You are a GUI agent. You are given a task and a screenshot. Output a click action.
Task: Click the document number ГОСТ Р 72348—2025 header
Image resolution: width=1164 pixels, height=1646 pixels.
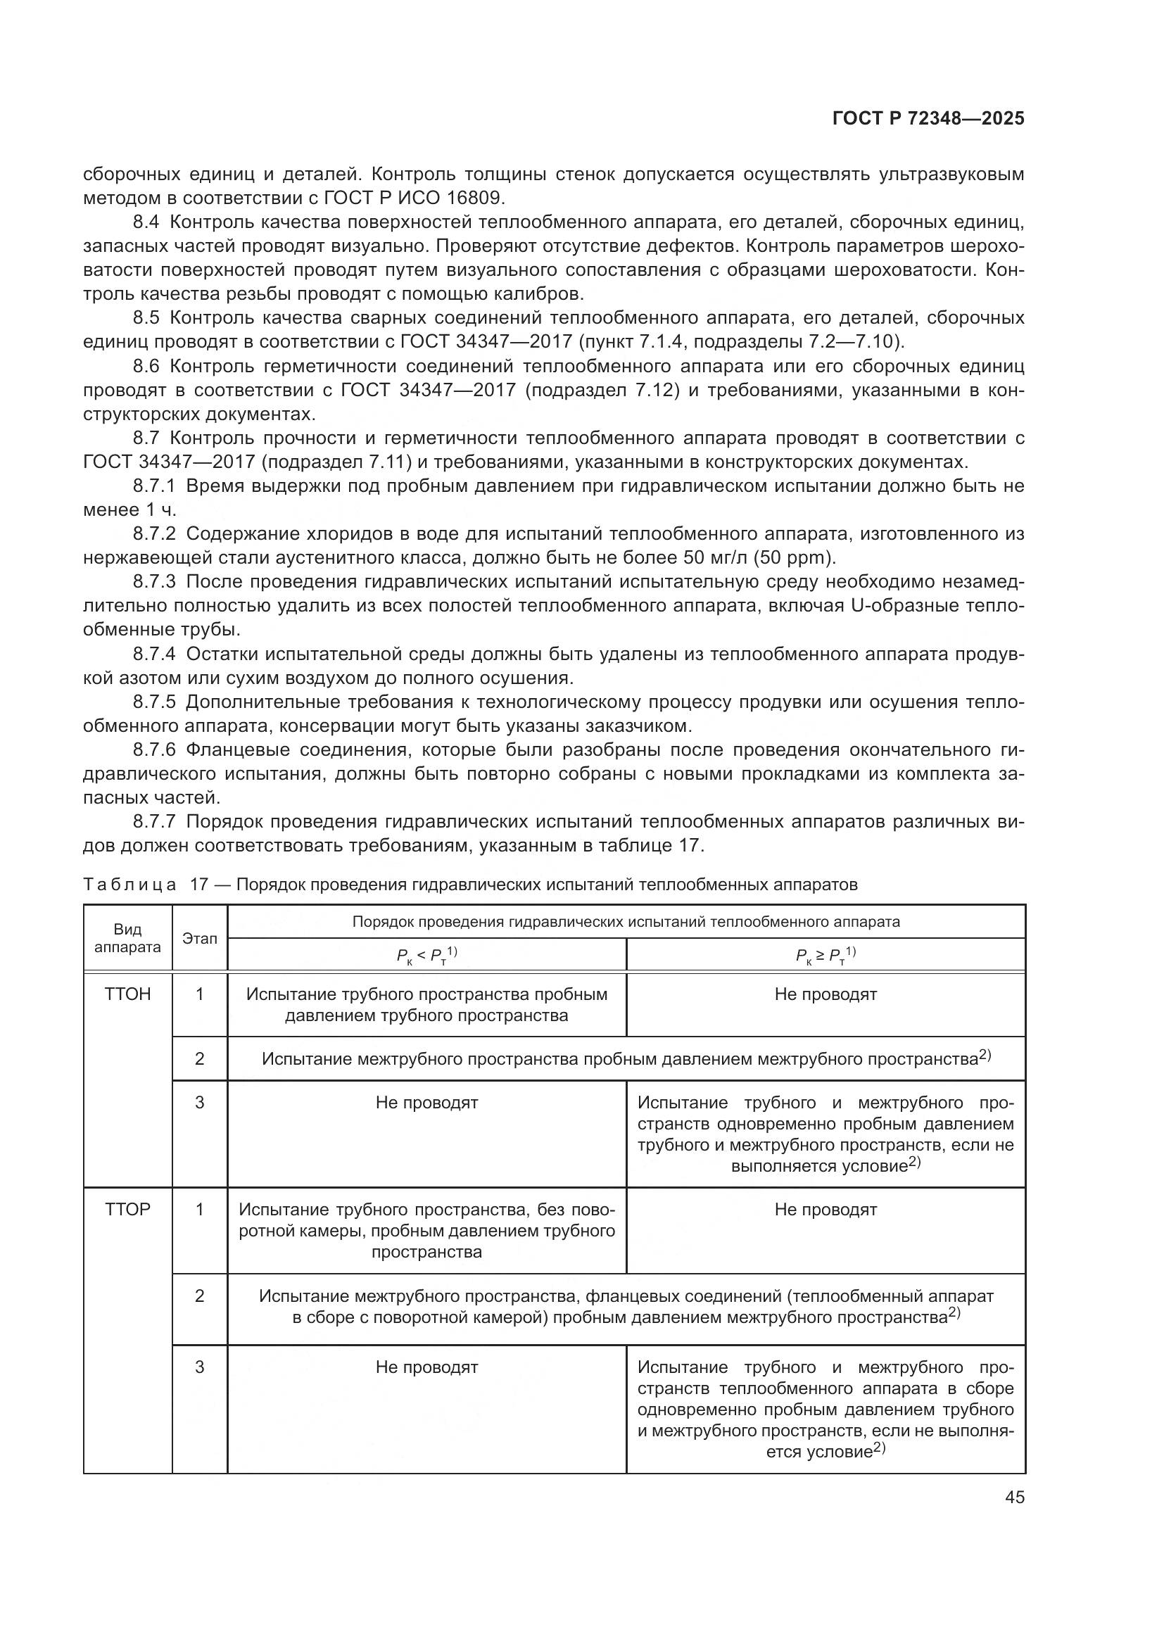point(928,119)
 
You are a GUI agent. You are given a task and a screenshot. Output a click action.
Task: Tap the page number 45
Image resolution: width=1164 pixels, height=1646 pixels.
point(1014,1497)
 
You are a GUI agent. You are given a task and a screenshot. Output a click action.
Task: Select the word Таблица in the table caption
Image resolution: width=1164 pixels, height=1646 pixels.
point(129,885)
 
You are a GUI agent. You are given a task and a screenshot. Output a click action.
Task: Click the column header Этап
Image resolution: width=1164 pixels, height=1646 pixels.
point(199,939)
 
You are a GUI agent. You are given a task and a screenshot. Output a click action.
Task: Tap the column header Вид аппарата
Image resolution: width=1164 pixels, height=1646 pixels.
point(127,939)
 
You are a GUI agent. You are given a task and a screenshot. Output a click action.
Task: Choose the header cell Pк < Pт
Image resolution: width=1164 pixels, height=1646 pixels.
point(426,955)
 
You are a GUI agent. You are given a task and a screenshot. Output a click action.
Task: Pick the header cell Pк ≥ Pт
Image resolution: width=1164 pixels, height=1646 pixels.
point(825,955)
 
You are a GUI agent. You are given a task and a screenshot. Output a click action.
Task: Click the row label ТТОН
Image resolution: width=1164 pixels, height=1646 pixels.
point(127,994)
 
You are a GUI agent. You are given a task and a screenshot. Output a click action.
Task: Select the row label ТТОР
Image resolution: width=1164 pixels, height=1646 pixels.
point(127,1210)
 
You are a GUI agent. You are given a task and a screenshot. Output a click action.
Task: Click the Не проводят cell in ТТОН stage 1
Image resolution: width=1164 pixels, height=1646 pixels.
point(825,994)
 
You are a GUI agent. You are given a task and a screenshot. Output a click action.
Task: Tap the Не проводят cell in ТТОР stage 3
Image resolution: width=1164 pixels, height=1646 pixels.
point(426,1367)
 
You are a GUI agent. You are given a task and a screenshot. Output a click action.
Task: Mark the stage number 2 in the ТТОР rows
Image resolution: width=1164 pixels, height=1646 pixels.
point(199,1296)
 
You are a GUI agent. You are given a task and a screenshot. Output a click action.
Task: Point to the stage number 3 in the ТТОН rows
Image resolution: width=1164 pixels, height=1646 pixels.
point(199,1102)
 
